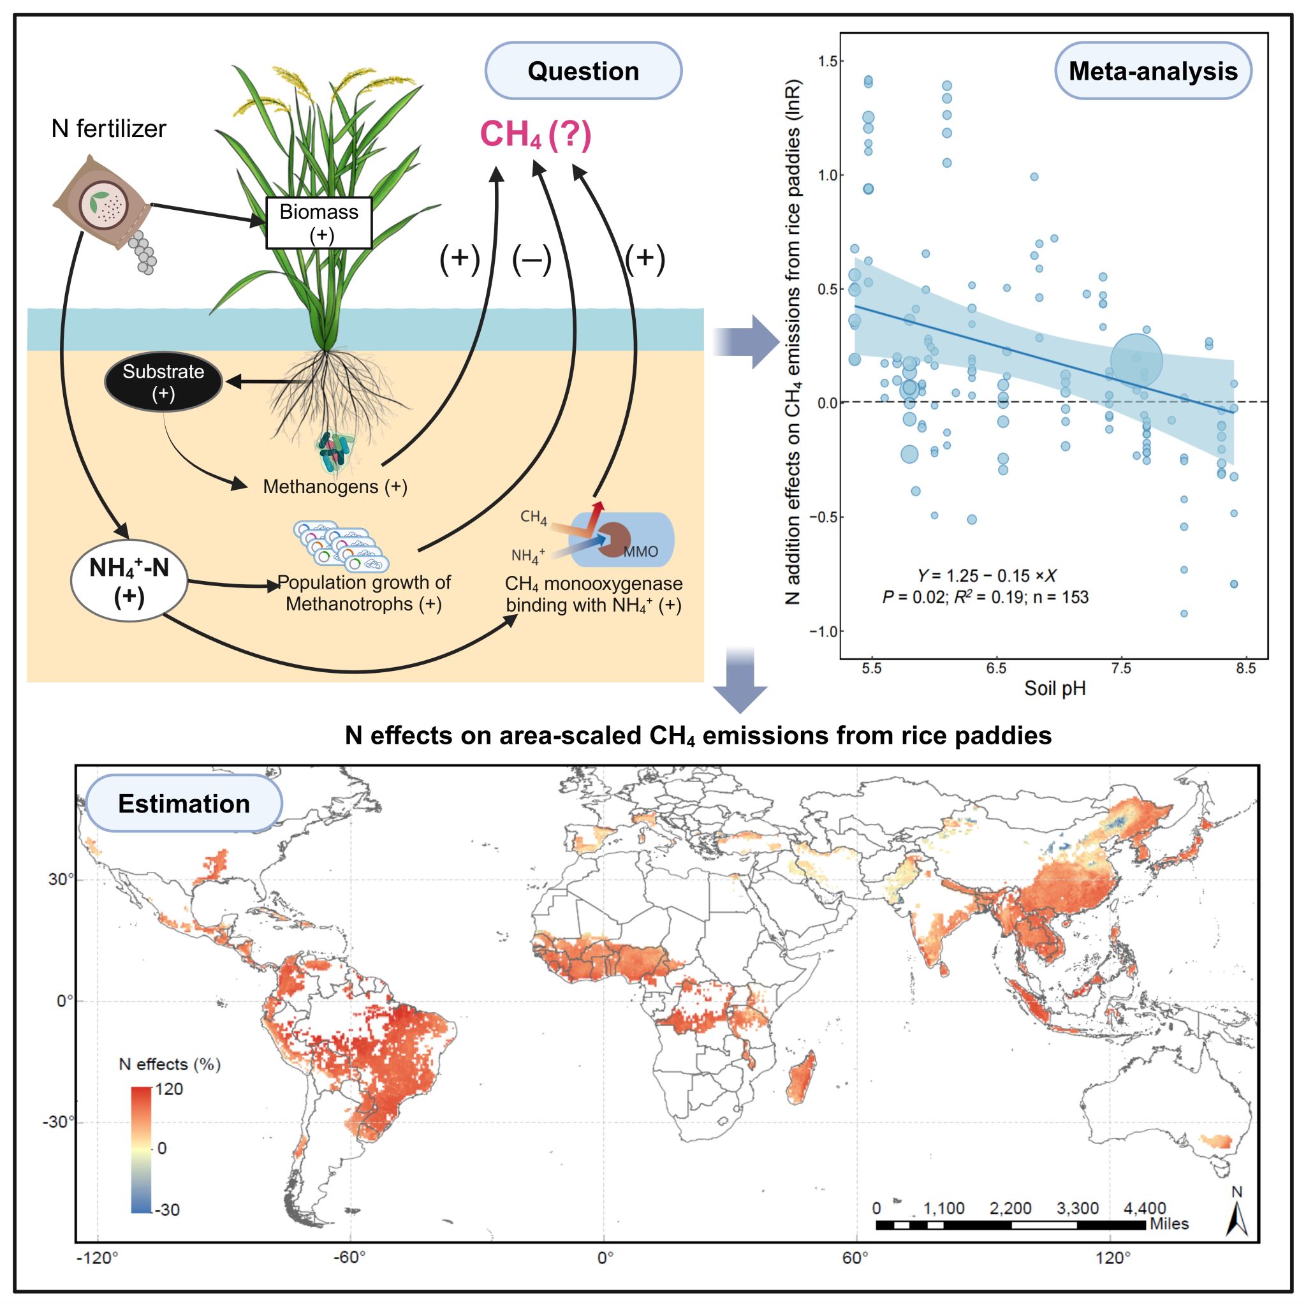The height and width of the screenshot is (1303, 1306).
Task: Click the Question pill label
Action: click(x=583, y=71)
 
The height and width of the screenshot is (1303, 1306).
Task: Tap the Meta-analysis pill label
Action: click(x=1152, y=71)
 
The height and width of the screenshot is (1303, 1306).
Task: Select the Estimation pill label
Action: click(x=184, y=804)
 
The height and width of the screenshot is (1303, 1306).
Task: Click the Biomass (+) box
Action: click(x=319, y=223)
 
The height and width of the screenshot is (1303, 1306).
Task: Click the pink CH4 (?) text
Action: click(x=536, y=134)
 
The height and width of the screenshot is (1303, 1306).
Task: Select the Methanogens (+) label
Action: click(x=335, y=486)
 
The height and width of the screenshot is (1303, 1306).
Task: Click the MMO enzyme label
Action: click(x=640, y=552)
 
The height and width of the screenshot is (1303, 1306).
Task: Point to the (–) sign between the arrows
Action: click(x=531, y=259)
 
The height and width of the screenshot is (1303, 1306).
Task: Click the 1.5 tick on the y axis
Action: click(x=826, y=61)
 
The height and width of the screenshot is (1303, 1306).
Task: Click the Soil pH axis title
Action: click(x=1055, y=688)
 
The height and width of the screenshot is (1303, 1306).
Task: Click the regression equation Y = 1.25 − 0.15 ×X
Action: click(x=987, y=575)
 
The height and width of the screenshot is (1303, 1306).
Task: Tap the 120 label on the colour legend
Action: click(x=169, y=1089)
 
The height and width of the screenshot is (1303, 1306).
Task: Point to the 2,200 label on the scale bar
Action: click(x=1010, y=1208)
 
